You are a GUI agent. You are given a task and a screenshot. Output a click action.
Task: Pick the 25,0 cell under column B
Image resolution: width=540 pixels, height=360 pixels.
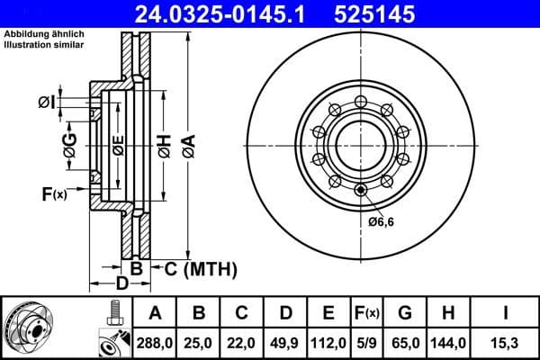pos(199,342)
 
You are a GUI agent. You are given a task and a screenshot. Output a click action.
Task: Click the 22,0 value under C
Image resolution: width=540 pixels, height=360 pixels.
pos(242,342)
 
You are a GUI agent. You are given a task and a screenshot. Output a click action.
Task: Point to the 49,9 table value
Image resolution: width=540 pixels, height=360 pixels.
pos(285,342)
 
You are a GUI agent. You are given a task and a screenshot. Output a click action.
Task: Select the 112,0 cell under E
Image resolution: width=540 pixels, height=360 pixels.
pos(328,342)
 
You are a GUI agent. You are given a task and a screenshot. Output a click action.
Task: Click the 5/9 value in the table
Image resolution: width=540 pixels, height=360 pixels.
pos(367,342)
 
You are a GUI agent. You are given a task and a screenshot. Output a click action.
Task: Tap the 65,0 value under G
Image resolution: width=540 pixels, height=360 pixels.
pos(405,342)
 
